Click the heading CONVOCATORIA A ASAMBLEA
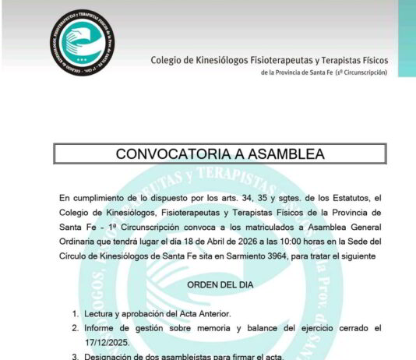click(x=220, y=154)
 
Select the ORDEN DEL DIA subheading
click(x=220, y=285)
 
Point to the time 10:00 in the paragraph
click(x=281, y=242)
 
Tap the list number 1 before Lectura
click(x=76, y=314)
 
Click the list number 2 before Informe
click(x=76, y=328)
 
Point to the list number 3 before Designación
click(x=76, y=357)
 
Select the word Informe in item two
click(x=101, y=328)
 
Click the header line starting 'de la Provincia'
click(x=324, y=72)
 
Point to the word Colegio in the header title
click(x=167, y=60)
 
